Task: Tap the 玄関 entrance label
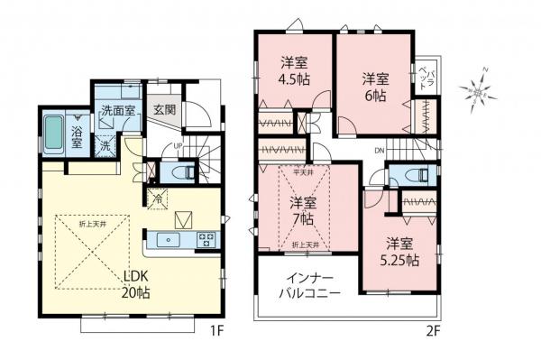pos(164,110)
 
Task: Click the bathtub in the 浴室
pos(52,135)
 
